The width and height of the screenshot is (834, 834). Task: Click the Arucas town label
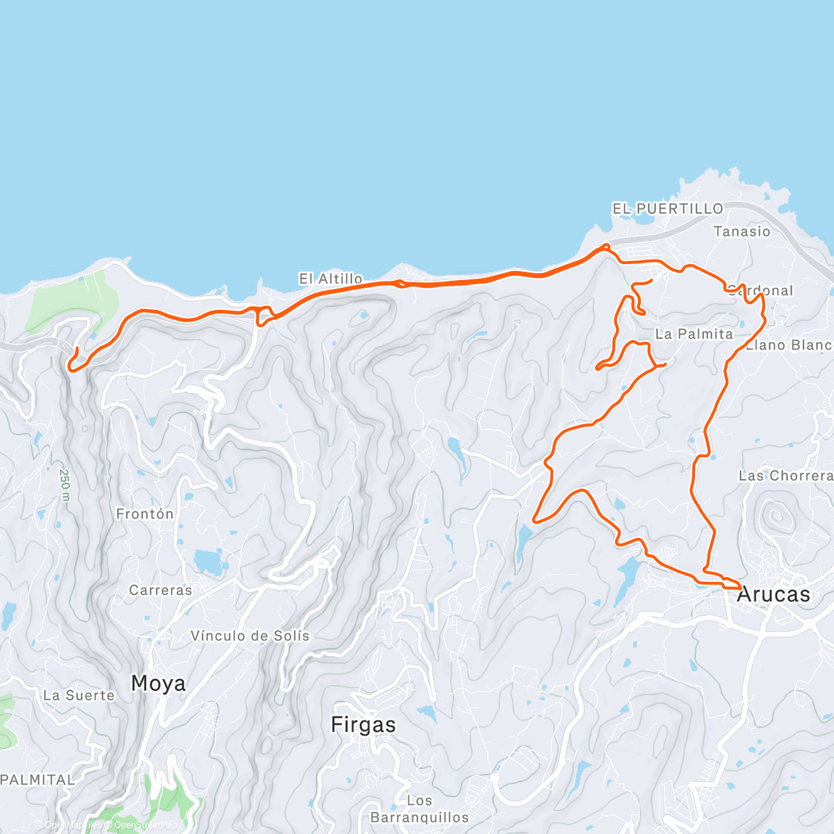773,595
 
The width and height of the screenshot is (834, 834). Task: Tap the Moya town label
158,684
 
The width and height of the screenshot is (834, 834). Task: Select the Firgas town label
363,725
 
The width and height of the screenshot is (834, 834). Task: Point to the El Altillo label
331,279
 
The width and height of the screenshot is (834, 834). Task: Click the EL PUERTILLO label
667,208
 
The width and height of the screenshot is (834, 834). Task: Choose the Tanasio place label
742,231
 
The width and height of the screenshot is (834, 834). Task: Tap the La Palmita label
694,334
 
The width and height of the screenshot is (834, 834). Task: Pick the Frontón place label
145,514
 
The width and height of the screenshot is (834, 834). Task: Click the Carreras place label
161,590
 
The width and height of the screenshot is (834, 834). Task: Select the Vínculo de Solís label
250,636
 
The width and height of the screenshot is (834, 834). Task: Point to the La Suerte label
79,696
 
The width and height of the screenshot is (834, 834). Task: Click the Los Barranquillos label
419,809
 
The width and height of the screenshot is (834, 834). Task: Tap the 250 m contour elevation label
65,484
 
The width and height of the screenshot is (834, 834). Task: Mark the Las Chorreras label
785,476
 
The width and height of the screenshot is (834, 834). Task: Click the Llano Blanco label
790,345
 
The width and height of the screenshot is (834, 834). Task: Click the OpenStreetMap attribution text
145,826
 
